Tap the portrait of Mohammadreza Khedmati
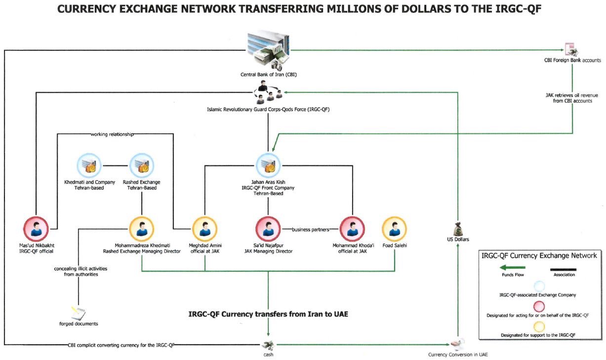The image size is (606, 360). [x=142, y=229]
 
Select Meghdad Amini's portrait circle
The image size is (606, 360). [x=205, y=229]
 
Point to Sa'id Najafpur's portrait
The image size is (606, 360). [x=268, y=229]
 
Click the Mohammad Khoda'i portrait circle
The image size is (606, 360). [x=353, y=229]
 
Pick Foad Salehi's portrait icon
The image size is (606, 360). [x=395, y=229]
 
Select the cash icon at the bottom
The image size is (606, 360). [x=268, y=344]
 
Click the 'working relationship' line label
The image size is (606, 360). [x=112, y=134]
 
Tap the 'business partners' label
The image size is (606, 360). [x=311, y=229]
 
